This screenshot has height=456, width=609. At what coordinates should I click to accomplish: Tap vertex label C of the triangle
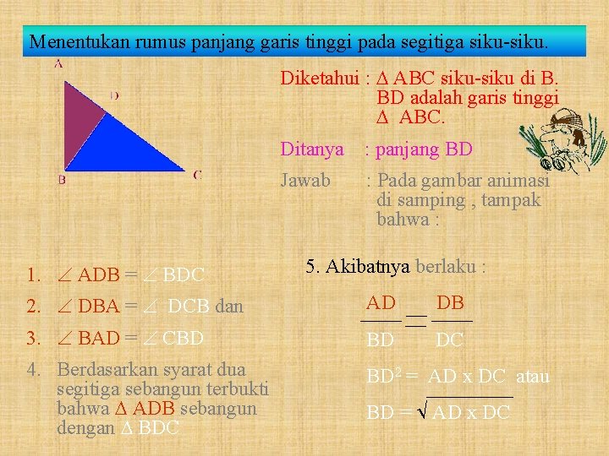tap(196, 175)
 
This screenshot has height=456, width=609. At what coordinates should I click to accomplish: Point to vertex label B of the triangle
tap(62, 179)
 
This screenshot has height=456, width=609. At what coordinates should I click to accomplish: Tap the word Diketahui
tap(320, 79)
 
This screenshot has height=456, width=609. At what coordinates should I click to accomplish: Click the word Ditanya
tap(312, 150)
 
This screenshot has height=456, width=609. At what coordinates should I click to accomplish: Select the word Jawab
tap(305, 181)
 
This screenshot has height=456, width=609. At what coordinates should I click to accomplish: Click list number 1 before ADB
tap(33, 274)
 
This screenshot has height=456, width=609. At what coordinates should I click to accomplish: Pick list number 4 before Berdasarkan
tap(33, 369)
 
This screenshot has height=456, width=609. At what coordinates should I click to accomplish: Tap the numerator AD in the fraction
tap(381, 303)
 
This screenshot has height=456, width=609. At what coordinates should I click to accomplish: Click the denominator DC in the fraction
tap(449, 340)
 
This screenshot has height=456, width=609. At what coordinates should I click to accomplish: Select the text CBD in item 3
tap(183, 339)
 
